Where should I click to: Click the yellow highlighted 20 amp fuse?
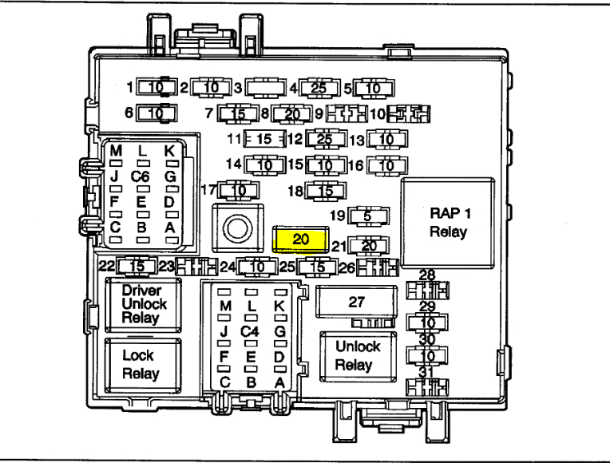[x=299, y=239]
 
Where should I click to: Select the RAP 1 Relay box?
[x=446, y=222]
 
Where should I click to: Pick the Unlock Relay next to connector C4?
[x=357, y=356]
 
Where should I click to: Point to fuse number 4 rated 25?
[x=319, y=87]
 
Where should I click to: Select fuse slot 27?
[x=355, y=302]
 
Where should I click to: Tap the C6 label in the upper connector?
[x=141, y=176]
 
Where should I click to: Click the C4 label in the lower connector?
[x=251, y=330]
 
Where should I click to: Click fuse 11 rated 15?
[x=264, y=139]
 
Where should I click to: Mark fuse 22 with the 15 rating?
[x=137, y=265]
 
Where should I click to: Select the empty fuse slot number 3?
[x=266, y=87]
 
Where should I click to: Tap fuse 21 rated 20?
[x=369, y=245]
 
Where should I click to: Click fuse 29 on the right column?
[x=428, y=322]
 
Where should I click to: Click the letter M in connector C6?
[x=117, y=152]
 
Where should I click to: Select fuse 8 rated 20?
[x=292, y=113]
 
